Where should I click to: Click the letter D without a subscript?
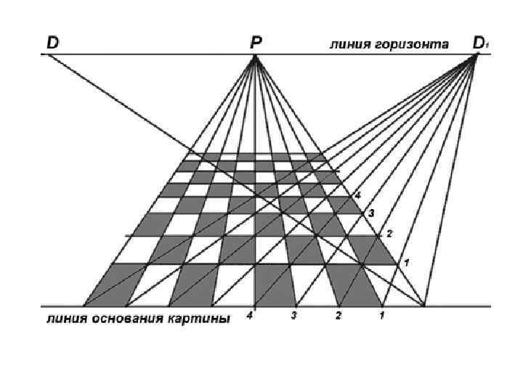[53, 43]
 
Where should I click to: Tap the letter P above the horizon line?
[256, 44]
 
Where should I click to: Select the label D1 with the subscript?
[480, 43]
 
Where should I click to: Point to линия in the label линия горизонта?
[349, 44]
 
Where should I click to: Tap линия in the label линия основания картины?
[63, 319]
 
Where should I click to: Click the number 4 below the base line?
[250, 316]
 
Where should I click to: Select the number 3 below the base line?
[294, 316]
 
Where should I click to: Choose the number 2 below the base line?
[338, 316]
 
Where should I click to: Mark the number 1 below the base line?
[382, 316]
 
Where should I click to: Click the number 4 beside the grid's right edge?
[357, 196]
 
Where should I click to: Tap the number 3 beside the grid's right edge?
[370, 213]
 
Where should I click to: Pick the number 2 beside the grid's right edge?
[389, 234]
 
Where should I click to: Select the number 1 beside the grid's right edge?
[407, 261]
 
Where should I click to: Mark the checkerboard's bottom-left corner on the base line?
[84, 306]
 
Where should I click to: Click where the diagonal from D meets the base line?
[426, 306]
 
